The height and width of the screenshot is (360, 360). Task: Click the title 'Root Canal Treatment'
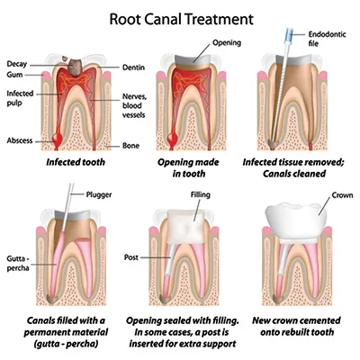(x=180, y=17)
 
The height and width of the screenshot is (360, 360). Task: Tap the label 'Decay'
(x=16, y=64)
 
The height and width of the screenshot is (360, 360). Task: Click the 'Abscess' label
(x=20, y=140)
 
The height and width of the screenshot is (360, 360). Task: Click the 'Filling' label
(x=200, y=193)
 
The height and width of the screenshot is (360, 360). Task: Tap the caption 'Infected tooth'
(x=66, y=164)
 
